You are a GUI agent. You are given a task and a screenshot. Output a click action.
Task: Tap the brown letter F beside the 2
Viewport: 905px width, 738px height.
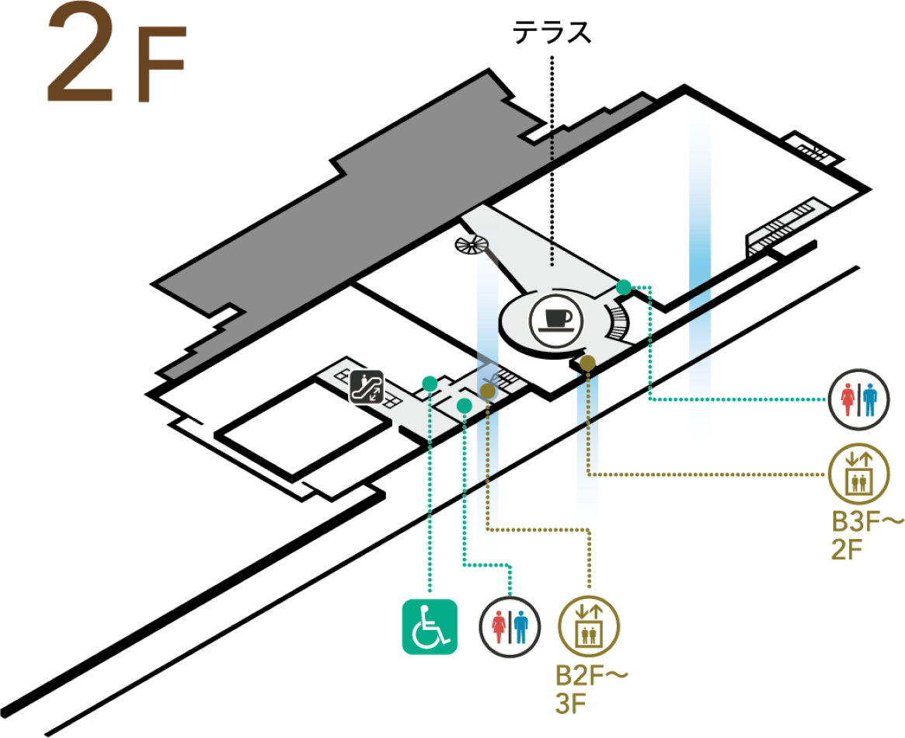tap(162, 66)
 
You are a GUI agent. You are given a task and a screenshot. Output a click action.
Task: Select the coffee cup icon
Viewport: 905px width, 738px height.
tap(554, 320)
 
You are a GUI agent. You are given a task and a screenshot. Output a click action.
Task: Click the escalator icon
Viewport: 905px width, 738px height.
tap(367, 386)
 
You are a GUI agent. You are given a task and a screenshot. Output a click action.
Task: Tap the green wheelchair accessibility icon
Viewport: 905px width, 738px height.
tap(429, 627)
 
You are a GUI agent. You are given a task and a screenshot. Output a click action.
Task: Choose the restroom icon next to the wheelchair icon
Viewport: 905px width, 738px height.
tap(510, 626)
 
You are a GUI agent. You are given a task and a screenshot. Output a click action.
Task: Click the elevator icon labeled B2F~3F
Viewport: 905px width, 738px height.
tap(588, 626)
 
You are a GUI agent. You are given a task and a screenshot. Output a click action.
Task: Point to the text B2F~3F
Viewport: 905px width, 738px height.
tap(590, 688)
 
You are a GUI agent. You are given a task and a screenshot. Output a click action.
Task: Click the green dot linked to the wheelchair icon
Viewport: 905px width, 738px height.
tap(429, 383)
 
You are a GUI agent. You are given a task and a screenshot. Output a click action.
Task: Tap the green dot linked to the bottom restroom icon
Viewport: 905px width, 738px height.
tap(464, 406)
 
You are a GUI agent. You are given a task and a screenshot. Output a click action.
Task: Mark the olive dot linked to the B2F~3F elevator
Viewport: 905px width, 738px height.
tap(487, 391)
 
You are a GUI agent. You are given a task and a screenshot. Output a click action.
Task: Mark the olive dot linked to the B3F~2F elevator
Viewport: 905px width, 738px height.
tap(588, 363)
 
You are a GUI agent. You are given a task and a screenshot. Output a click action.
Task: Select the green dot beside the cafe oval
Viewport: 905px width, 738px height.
tap(623, 287)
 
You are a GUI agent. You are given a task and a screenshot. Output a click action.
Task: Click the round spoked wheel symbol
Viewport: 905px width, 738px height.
tap(472, 244)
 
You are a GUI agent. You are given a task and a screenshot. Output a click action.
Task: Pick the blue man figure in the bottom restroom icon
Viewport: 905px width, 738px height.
tap(520, 626)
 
